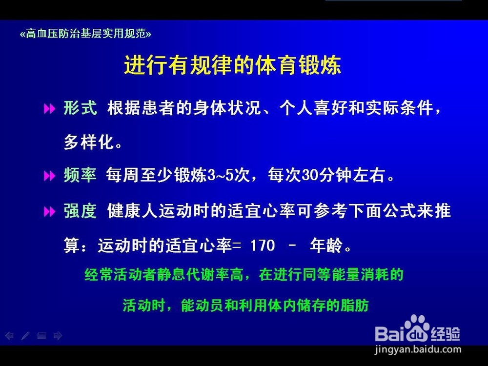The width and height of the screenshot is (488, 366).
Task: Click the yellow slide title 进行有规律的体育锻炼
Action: coord(232,65)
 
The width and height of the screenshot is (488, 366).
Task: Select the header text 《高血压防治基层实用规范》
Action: coord(85,34)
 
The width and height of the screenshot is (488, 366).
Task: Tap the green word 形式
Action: coord(81,108)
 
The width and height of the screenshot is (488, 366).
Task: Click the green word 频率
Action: coord(80,175)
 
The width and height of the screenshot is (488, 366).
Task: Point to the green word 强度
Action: coord(80,211)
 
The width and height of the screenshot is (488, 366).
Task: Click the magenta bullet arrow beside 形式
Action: coord(49,109)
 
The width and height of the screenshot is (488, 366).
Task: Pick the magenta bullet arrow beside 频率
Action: coord(49,176)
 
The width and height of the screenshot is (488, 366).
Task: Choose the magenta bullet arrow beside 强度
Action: coord(49,212)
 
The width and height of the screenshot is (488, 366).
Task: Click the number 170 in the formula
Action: coord(263,245)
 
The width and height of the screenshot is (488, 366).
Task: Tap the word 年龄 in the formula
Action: coord(326,245)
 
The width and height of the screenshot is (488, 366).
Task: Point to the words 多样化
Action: coord(89,142)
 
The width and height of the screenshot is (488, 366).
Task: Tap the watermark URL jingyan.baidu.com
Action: coord(418,349)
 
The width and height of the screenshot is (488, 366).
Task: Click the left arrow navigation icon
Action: coord(9,336)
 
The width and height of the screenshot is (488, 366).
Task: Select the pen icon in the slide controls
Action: coord(25,336)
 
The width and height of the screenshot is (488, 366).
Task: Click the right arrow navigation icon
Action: coord(58,336)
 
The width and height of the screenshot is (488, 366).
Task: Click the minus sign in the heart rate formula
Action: coord(292,246)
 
